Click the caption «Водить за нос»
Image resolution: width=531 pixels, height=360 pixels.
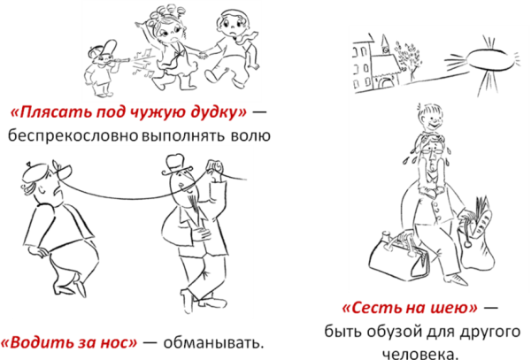click(68, 342)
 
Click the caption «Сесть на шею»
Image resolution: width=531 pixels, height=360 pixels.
click(409, 309)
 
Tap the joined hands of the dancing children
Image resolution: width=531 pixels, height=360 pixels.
click(202, 55)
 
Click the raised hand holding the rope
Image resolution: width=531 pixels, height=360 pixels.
click(213, 168)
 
